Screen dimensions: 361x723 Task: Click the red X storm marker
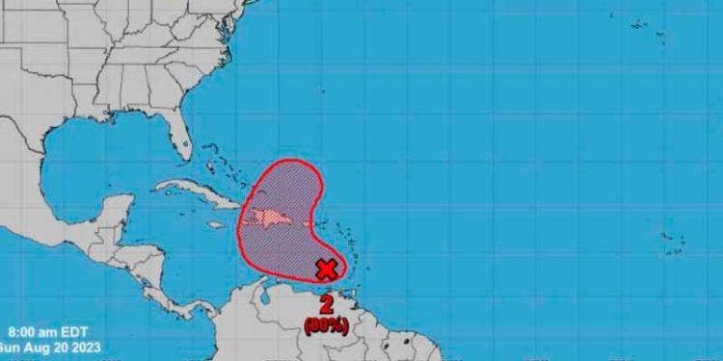327,269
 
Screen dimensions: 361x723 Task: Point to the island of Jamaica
214,225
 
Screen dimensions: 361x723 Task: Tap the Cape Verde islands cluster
674,240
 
